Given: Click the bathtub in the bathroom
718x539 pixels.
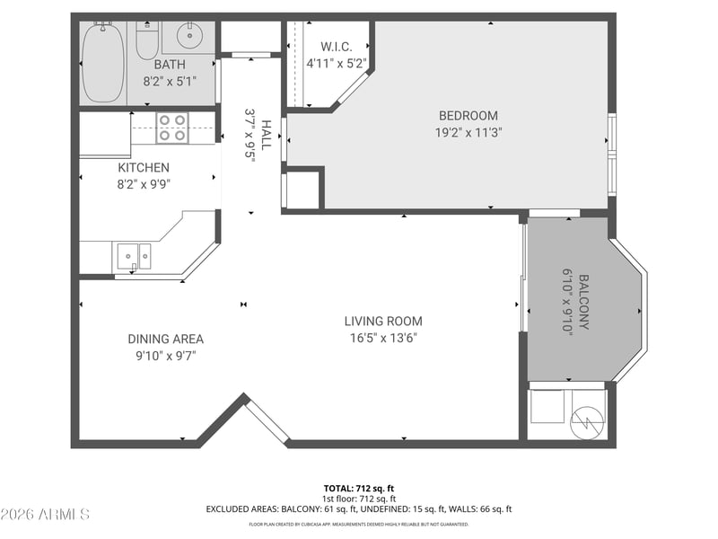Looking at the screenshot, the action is (103, 63).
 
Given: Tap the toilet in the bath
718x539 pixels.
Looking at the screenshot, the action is (147, 40).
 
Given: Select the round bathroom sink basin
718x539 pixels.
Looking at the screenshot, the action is (189, 35).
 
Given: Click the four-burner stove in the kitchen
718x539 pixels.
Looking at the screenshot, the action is (172, 128).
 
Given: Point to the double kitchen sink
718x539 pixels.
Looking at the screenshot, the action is (134, 257).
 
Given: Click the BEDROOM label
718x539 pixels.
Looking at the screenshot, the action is (468, 116).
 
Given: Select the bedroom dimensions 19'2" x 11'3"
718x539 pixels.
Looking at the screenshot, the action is (468, 133).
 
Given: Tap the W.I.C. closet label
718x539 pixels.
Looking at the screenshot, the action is (336, 47).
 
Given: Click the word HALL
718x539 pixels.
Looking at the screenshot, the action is (266, 136).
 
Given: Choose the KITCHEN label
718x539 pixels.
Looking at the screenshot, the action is (144, 168).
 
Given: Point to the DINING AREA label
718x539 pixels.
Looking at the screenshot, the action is (166, 340).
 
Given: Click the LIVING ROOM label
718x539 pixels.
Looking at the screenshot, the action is (383, 322).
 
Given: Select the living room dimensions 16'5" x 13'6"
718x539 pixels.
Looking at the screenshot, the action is (383, 339).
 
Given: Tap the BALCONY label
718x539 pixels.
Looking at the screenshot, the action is (584, 302).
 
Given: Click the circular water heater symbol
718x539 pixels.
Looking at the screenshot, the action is (587, 422).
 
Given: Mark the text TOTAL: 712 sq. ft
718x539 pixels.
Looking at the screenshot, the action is (358, 489).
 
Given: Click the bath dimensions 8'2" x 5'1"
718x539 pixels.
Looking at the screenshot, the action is (170, 82).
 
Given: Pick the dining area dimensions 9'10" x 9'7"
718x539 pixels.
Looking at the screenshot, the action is (166, 356).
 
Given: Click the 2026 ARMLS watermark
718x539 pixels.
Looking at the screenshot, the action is (45, 514).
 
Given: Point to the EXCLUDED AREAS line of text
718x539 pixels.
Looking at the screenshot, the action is (358, 509).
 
